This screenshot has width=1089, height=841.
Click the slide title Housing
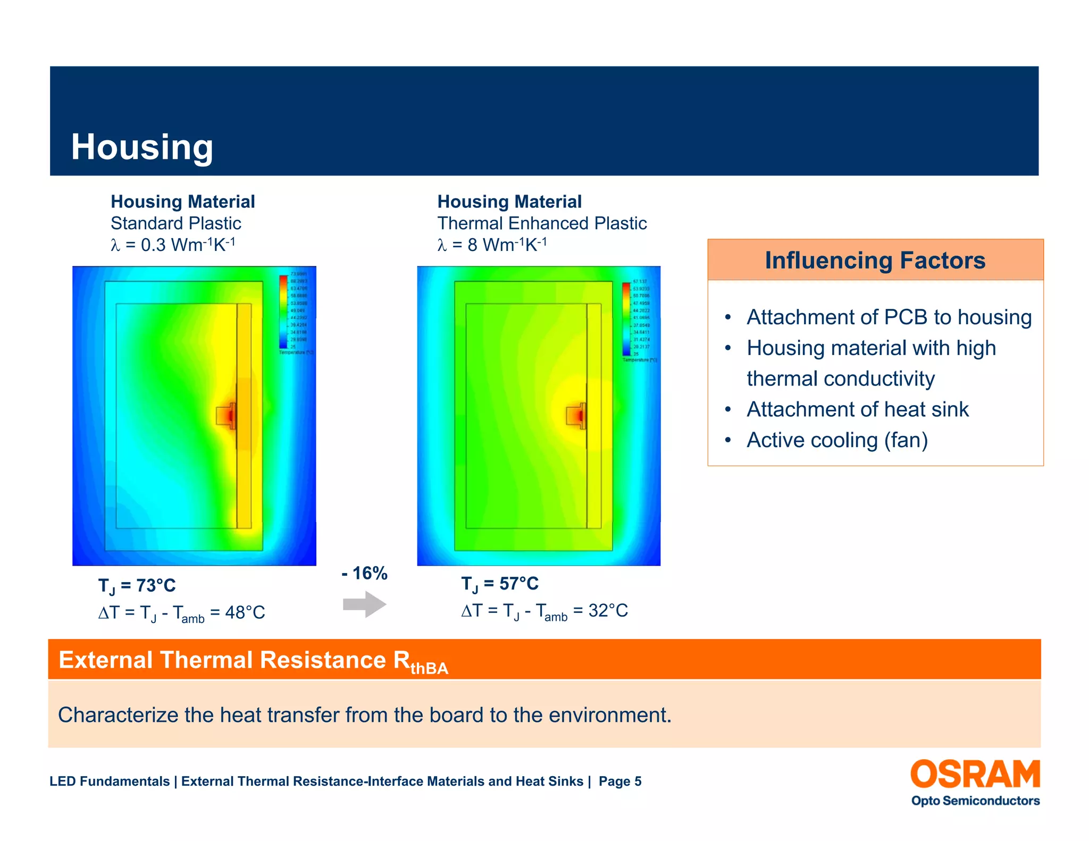click(x=142, y=147)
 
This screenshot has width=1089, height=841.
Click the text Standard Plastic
click(x=175, y=223)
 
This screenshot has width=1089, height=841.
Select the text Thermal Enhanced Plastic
click(x=541, y=223)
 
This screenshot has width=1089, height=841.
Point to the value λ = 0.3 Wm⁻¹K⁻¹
click(x=173, y=245)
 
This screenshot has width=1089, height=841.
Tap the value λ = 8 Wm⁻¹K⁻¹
click(x=492, y=245)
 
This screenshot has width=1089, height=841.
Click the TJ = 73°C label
click(x=137, y=585)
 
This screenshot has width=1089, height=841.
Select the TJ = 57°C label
click(x=499, y=584)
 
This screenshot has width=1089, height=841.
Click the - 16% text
click(x=364, y=573)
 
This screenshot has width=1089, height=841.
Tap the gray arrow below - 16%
click(x=365, y=604)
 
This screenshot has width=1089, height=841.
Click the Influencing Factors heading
click(x=875, y=260)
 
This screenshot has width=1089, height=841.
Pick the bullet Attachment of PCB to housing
click(x=889, y=317)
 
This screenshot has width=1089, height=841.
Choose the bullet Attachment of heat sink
click(x=857, y=409)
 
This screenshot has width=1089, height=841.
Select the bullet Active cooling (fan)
click(x=837, y=440)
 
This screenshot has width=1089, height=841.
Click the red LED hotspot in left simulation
click(x=231, y=415)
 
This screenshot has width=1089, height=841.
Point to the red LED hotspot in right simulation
click(x=581, y=415)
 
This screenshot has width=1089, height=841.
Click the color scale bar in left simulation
click(x=283, y=312)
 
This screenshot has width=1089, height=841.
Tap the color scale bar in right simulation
click(x=626, y=318)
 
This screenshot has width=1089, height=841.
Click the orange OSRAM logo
click(x=975, y=774)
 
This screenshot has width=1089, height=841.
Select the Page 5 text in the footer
click(x=619, y=781)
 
